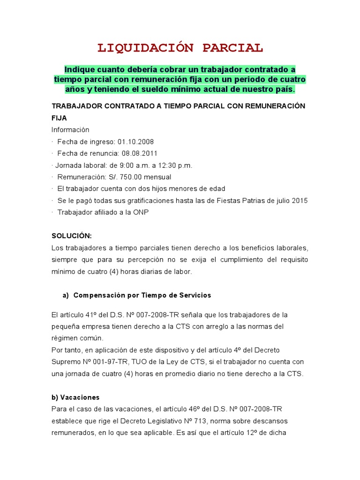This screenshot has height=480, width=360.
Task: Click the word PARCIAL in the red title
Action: point(233,48)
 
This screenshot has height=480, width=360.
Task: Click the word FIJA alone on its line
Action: point(59,118)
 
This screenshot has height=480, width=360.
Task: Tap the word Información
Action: point(70,129)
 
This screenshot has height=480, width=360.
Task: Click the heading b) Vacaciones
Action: point(75,397)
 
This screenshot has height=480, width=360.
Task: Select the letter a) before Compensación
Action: point(66,295)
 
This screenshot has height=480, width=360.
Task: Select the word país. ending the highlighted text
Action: point(283,89)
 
